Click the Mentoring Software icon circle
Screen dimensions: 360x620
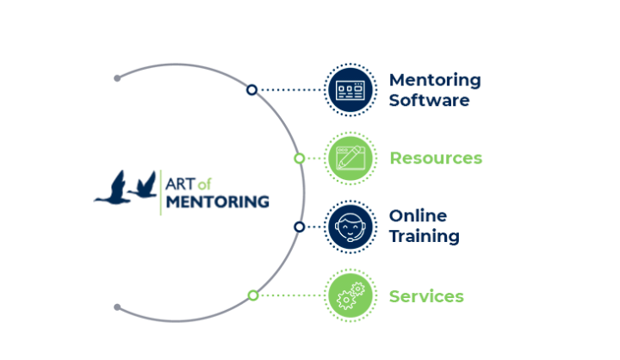tap(351, 89)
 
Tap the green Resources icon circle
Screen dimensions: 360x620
tap(351, 158)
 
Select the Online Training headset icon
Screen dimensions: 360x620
tap(351, 227)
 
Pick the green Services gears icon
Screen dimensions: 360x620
tap(351, 296)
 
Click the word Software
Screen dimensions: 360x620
tap(429, 100)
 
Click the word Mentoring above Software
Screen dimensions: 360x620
tap(435, 80)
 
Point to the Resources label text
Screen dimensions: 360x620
tap(436, 158)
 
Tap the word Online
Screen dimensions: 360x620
tap(418, 216)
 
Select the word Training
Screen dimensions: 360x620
tap(424, 236)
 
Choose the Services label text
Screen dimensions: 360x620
tap(426, 296)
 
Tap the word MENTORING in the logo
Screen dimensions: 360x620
tap(217, 202)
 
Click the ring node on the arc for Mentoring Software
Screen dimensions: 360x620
tap(251, 90)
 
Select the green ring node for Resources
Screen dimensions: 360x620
tap(299, 158)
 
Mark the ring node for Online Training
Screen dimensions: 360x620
tap(299, 227)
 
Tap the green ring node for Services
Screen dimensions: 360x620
tap(252, 295)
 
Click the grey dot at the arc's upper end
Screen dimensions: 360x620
tap(117, 78)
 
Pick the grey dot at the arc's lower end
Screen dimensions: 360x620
tap(117, 307)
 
